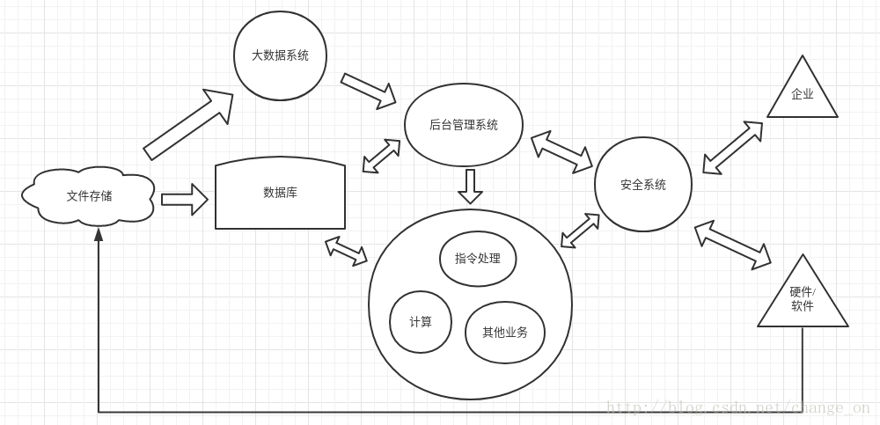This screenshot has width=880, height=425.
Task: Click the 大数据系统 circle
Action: [x=280, y=55]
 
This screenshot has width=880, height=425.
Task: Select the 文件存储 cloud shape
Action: [x=89, y=196]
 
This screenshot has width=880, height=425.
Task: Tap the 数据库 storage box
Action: [x=280, y=193]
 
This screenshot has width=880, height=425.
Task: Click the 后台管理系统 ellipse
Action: [x=464, y=125]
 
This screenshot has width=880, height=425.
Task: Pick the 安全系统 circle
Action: [x=643, y=185]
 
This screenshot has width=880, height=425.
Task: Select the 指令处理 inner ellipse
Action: [x=478, y=259]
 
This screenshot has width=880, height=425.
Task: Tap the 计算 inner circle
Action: [x=421, y=322]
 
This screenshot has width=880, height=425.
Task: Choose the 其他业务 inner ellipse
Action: [x=505, y=333]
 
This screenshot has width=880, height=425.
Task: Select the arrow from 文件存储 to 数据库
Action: [x=184, y=200]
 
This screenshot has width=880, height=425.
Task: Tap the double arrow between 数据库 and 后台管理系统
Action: [x=381, y=156]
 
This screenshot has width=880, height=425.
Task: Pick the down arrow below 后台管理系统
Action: [x=471, y=186]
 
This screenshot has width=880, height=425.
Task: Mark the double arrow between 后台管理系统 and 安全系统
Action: [x=561, y=152]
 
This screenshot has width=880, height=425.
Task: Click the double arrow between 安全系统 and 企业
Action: [x=732, y=148]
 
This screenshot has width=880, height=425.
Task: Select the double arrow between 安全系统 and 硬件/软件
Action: [x=732, y=245]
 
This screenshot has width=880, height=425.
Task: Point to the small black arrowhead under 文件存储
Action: [x=99, y=234]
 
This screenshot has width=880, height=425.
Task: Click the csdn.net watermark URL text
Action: [x=737, y=407]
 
